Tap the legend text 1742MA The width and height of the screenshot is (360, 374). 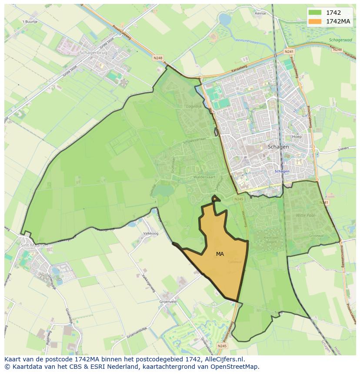(x=338, y=21)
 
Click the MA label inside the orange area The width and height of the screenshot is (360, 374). (x=220, y=254)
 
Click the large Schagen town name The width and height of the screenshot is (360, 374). (x=278, y=147)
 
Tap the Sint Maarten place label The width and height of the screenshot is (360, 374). (x=34, y=245)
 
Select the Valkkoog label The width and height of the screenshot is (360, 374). (x=150, y=233)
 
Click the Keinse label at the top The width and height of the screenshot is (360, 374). (x=260, y=13)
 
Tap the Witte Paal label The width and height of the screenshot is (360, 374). (x=306, y=215)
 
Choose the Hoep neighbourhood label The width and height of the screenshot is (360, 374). (x=297, y=136)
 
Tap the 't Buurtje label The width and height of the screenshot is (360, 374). (x=30, y=21)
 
